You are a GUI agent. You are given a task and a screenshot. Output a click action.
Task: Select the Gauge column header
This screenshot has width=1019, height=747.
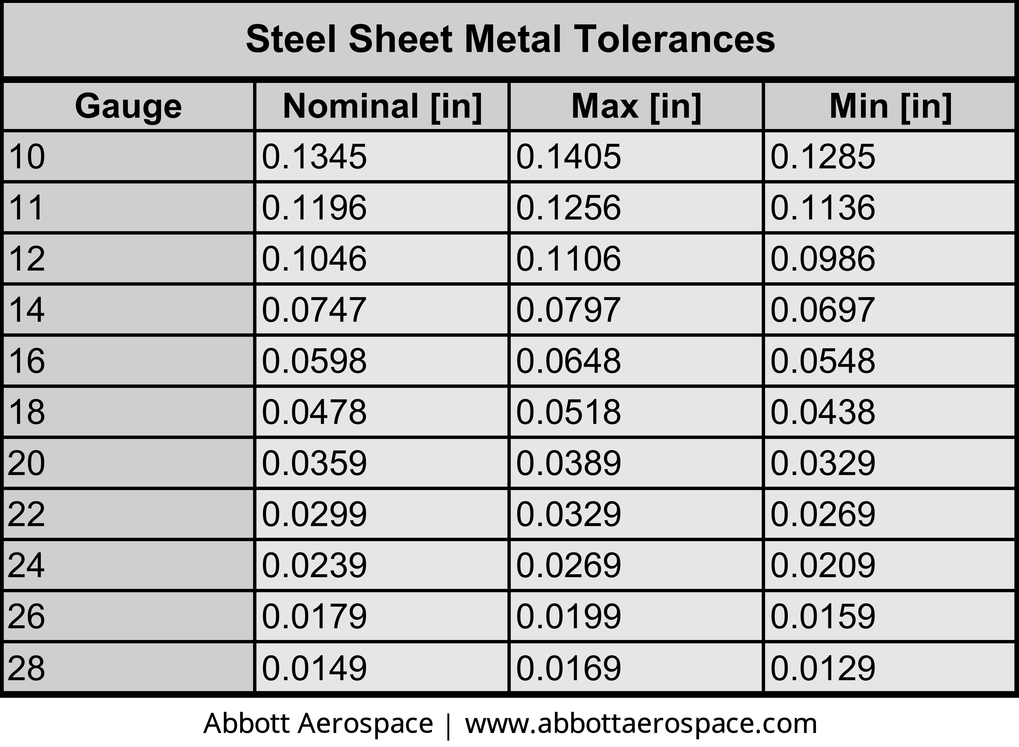coord(128,106)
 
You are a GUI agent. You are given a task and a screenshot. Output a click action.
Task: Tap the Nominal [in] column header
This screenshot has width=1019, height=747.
coord(382,106)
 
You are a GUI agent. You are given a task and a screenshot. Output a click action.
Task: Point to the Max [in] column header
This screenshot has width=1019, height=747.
coord(636,106)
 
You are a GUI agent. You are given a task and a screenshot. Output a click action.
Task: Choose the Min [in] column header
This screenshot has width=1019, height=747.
coord(890,106)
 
